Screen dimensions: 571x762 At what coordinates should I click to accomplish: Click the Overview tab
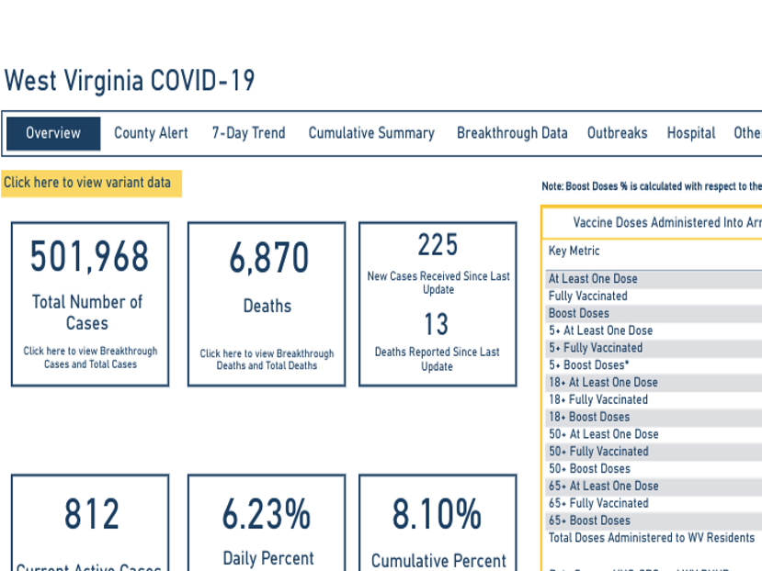coord(53,133)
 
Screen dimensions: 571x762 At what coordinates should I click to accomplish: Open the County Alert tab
coord(151,133)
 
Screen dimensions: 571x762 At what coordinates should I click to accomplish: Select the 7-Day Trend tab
coord(248,133)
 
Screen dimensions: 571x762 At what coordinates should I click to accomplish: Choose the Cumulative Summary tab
coord(371,133)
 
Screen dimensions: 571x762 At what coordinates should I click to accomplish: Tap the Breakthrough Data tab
coord(512,133)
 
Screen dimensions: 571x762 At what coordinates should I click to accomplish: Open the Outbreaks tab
coord(618,133)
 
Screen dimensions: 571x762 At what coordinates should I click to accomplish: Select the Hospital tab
coord(691,133)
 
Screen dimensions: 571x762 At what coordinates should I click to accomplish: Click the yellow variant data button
coord(91,183)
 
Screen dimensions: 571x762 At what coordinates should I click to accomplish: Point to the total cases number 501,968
coord(89,256)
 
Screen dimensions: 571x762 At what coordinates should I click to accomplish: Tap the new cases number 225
coord(438,245)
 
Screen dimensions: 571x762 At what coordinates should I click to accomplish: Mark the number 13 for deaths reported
coord(437,324)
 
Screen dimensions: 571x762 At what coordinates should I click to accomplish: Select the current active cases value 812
coord(91,515)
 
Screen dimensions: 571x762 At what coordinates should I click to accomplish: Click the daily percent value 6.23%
coord(267,515)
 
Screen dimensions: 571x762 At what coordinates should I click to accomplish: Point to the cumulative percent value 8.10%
coord(438,515)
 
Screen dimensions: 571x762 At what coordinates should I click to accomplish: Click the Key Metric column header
coord(574,251)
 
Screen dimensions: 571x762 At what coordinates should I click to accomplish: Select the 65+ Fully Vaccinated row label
coord(598,503)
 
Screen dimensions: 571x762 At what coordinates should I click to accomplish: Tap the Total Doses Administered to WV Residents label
coord(652,538)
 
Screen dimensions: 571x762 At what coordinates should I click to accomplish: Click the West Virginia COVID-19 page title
coord(130,81)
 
